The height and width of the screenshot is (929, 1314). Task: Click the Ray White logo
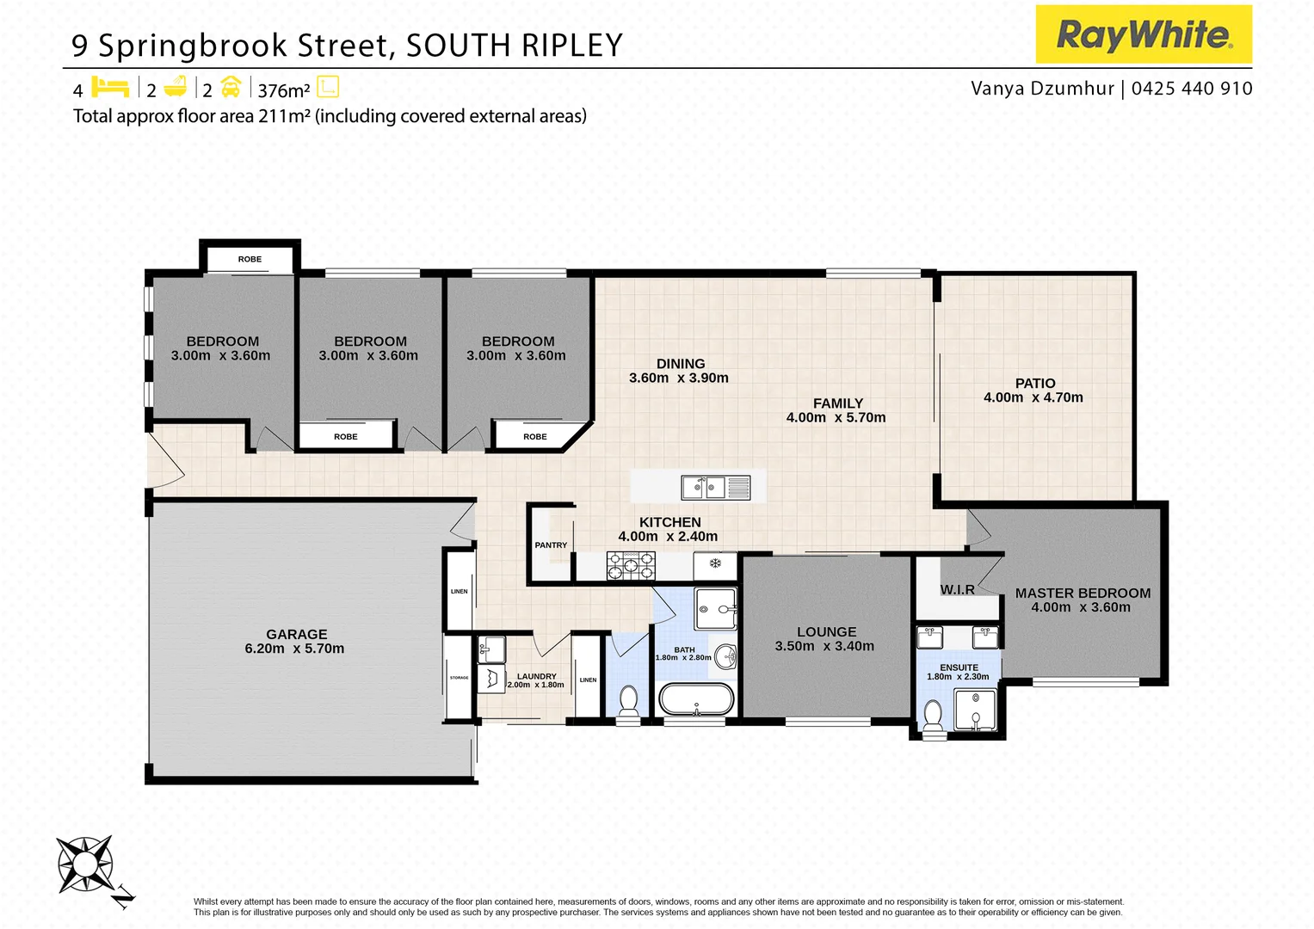pyautogui.click(x=1143, y=34)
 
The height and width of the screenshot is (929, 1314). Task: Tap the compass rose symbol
pyautogui.click(x=84, y=864)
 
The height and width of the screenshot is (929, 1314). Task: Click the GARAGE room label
pyautogui.click(x=296, y=634)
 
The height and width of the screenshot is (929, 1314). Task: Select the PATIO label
pyautogui.click(x=1034, y=383)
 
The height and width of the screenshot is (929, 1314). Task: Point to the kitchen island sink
pyautogui.click(x=704, y=488)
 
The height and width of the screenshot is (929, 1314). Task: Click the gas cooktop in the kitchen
pyautogui.click(x=631, y=566)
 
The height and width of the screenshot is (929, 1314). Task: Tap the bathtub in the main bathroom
pyautogui.click(x=696, y=698)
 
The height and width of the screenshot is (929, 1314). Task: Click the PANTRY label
pyautogui.click(x=551, y=545)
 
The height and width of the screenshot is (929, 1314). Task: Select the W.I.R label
pyautogui.click(x=957, y=590)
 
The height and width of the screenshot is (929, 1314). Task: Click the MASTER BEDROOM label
pyautogui.click(x=1082, y=593)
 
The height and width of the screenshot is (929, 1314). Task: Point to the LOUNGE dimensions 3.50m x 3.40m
pyautogui.click(x=824, y=647)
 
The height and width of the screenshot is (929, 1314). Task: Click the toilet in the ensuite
pyautogui.click(x=932, y=715)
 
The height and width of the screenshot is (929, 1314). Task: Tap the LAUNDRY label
pyautogui.click(x=536, y=676)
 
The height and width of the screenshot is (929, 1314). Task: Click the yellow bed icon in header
pyautogui.click(x=110, y=88)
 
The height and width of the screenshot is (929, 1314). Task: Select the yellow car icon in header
pyautogui.click(x=231, y=88)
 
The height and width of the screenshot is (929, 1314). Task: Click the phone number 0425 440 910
pyautogui.click(x=1192, y=89)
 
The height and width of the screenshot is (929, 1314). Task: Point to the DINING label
pyautogui.click(x=680, y=364)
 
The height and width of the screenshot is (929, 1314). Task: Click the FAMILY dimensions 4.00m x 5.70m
pyautogui.click(x=836, y=418)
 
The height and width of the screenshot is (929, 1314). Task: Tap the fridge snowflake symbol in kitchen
pyautogui.click(x=714, y=564)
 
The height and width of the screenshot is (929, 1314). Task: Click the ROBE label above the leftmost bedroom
pyautogui.click(x=250, y=259)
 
